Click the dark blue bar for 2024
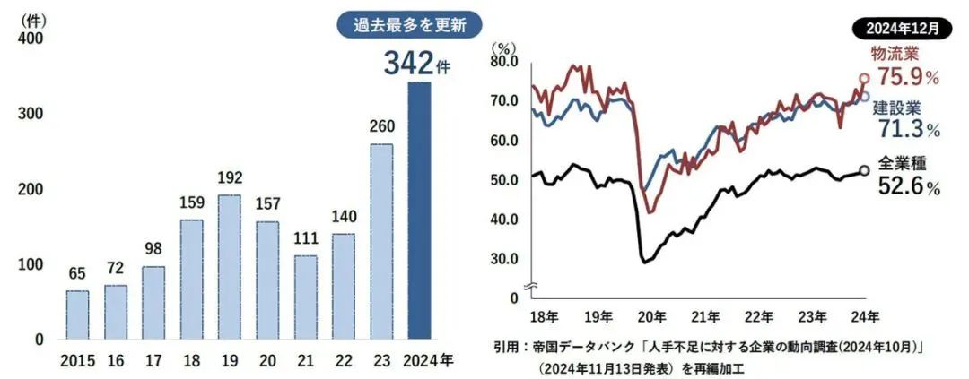pos(419,211)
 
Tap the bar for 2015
pos(77,314)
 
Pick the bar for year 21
pos(305,297)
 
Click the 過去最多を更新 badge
pos(408,24)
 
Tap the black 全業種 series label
pos(900,164)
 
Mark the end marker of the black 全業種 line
pos(863,170)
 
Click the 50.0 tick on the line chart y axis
pos(504,180)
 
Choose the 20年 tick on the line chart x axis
pos(650,315)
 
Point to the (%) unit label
pos(502,46)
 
